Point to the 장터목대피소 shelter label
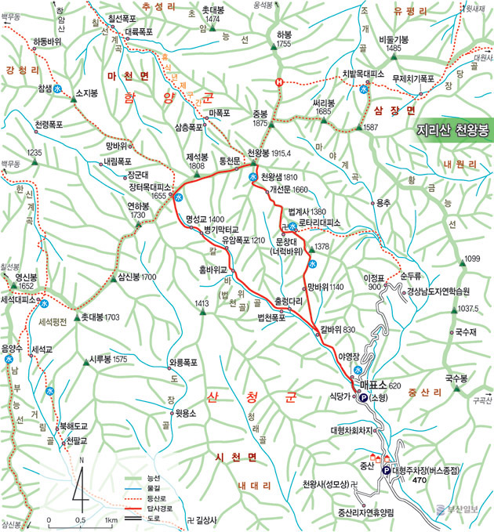[150, 187]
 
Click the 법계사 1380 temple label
[307, 212]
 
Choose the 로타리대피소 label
[319, 223]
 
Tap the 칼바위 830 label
[338, 329]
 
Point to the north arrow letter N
[82, 460]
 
